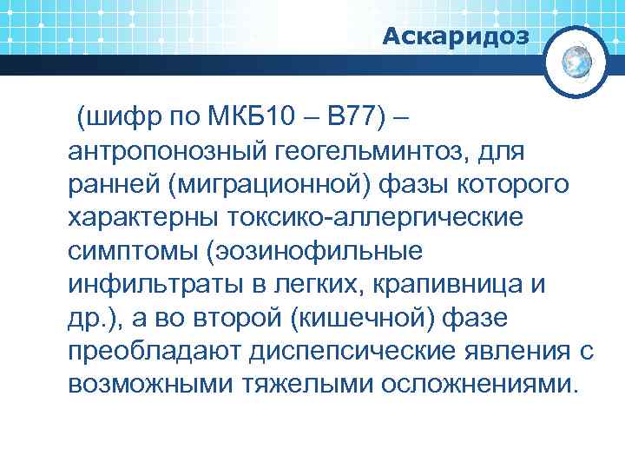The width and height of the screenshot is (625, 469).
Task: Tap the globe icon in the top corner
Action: coord(576,62)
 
